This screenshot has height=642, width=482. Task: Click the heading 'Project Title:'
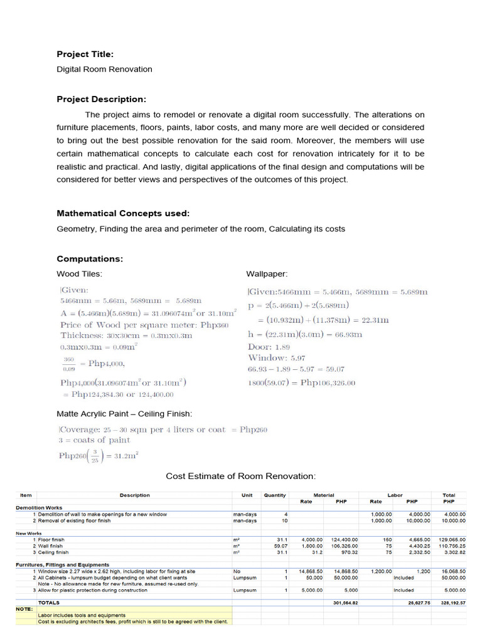[x=85, y=55]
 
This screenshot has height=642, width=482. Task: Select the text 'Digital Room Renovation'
[x=104, y=69]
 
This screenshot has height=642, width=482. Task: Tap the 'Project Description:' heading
[x=101, y=99]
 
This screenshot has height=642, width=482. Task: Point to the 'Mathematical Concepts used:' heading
[x=123, y=214]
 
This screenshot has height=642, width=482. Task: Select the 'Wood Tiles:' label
[x=79, y=274]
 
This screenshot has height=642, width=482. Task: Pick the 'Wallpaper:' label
[x=267, y=274]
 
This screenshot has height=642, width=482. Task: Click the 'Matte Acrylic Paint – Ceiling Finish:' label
[x=124, y=414]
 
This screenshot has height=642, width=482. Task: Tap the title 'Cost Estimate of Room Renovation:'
[x=240, y=476]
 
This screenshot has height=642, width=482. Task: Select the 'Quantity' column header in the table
[x=274, y=495]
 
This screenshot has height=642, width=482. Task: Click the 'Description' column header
[x=134, y=495]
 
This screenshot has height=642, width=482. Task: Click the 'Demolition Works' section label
[x=39, y=508]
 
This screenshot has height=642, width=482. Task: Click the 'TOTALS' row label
[x=49, y=603]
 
